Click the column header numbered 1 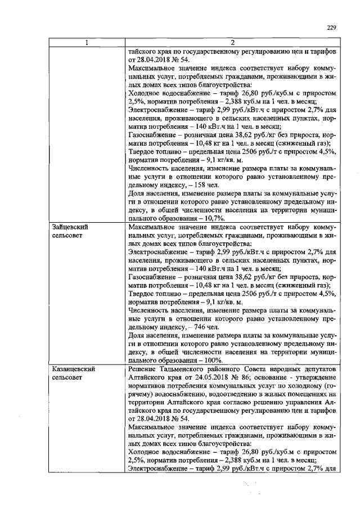(87, 43)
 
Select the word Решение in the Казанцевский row (143, 368)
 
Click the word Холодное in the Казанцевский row (146, 454)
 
